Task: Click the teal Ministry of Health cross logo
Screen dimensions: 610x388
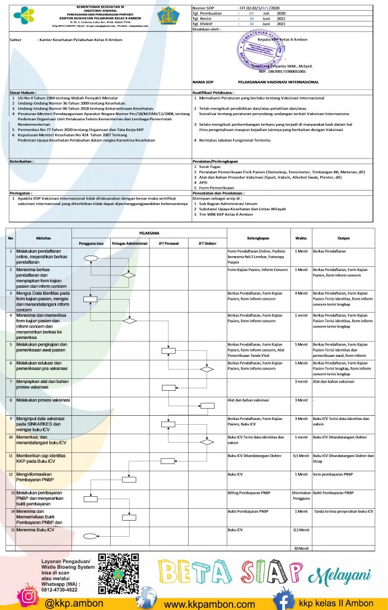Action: pos(24,14)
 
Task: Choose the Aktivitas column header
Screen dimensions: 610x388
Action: pos(43,238)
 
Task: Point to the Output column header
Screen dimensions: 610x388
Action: pos(343,238)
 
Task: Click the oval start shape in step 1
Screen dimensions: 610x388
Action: pos(90,258)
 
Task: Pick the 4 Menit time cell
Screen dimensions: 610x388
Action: pos(301,293)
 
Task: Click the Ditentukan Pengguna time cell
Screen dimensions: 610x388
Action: pos(301,495)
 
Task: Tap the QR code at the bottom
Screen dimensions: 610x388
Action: pos(118,572)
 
